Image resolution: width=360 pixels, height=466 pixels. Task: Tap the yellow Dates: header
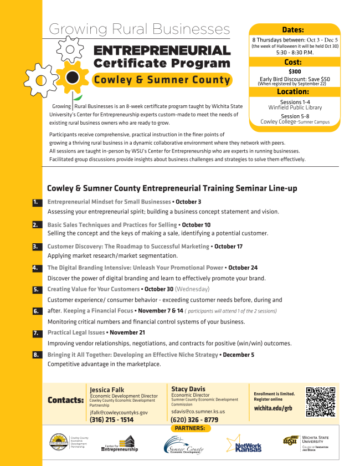click(x=293, y=30)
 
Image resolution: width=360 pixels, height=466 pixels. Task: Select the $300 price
click(x=294, y=71)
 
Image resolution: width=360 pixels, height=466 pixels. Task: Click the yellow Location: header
click(x=293, y=92)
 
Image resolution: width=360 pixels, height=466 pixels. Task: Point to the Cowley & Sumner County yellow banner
click(x=162, y=80)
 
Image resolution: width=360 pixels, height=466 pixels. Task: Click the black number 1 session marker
click(x=37, y=202)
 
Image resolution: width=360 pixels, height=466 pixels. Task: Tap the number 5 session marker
click(x=37, y=289)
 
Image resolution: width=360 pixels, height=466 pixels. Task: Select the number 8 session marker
click(x=37, y=355)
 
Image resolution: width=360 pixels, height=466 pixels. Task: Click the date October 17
click(x=228, y=246)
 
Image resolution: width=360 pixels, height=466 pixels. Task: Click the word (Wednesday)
click(x=192, y=289)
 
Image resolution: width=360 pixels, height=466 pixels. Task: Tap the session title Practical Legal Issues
click(x=76, y=332)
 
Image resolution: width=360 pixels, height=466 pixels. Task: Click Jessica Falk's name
click(x=107, y=390)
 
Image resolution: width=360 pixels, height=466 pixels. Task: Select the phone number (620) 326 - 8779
click(x=194, y=420)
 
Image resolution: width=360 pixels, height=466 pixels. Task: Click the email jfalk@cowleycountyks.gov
click(x=119, y=412)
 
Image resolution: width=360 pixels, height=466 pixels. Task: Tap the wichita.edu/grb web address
click(x=272, y=408)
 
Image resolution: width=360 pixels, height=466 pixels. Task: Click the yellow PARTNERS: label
click(x=189, y=428)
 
